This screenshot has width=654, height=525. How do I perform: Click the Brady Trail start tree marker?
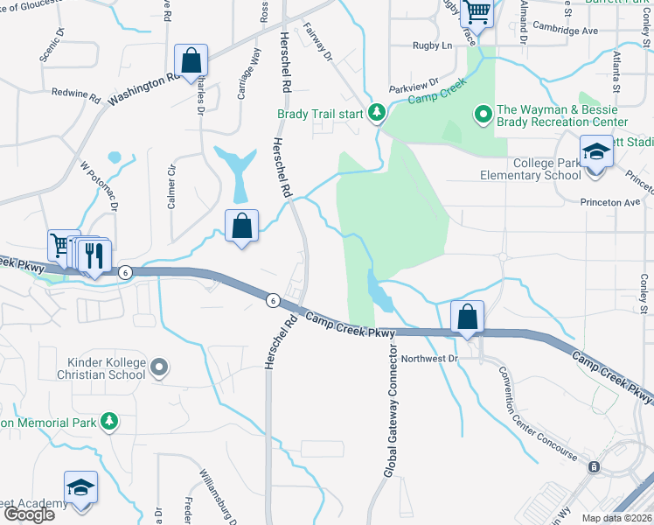(377, 113)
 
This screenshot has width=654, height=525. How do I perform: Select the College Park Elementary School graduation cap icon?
(596, 153)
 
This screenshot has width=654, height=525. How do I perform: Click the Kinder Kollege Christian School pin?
(158, 367)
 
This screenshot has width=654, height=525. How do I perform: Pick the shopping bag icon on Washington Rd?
(191, 61)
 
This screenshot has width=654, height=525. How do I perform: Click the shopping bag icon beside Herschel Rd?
(241, 226)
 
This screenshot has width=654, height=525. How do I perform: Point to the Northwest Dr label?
(429, 359)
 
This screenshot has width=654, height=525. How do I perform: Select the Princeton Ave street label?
(611, 202)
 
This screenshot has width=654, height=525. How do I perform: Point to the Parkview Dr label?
(414, 89)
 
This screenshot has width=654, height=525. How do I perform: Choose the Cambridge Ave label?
(565, 29)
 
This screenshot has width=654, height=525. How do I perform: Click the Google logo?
(29, 514)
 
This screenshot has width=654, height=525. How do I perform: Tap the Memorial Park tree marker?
(108, 422)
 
